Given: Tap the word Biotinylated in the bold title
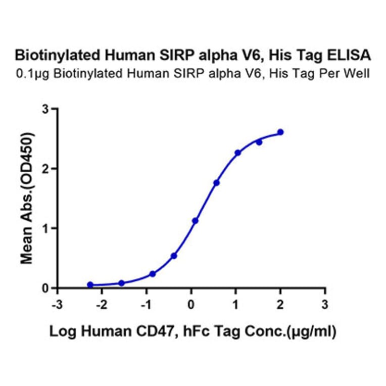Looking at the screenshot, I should tap(51, 55).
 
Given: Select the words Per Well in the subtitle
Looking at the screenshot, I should tap(351, 74).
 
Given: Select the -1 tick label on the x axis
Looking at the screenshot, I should tap(146, 305).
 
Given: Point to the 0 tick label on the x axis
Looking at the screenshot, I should tap(191, 305).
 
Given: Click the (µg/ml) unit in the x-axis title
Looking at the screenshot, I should tap(312, 331).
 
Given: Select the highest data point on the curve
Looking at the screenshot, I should tap(280, 132).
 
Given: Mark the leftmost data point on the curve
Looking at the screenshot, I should tap(90, 285).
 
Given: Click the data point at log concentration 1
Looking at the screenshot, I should tap(237, 152).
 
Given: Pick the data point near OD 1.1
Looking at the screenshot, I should tap(195, 221).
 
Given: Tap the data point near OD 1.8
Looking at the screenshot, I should tap(216, 182).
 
